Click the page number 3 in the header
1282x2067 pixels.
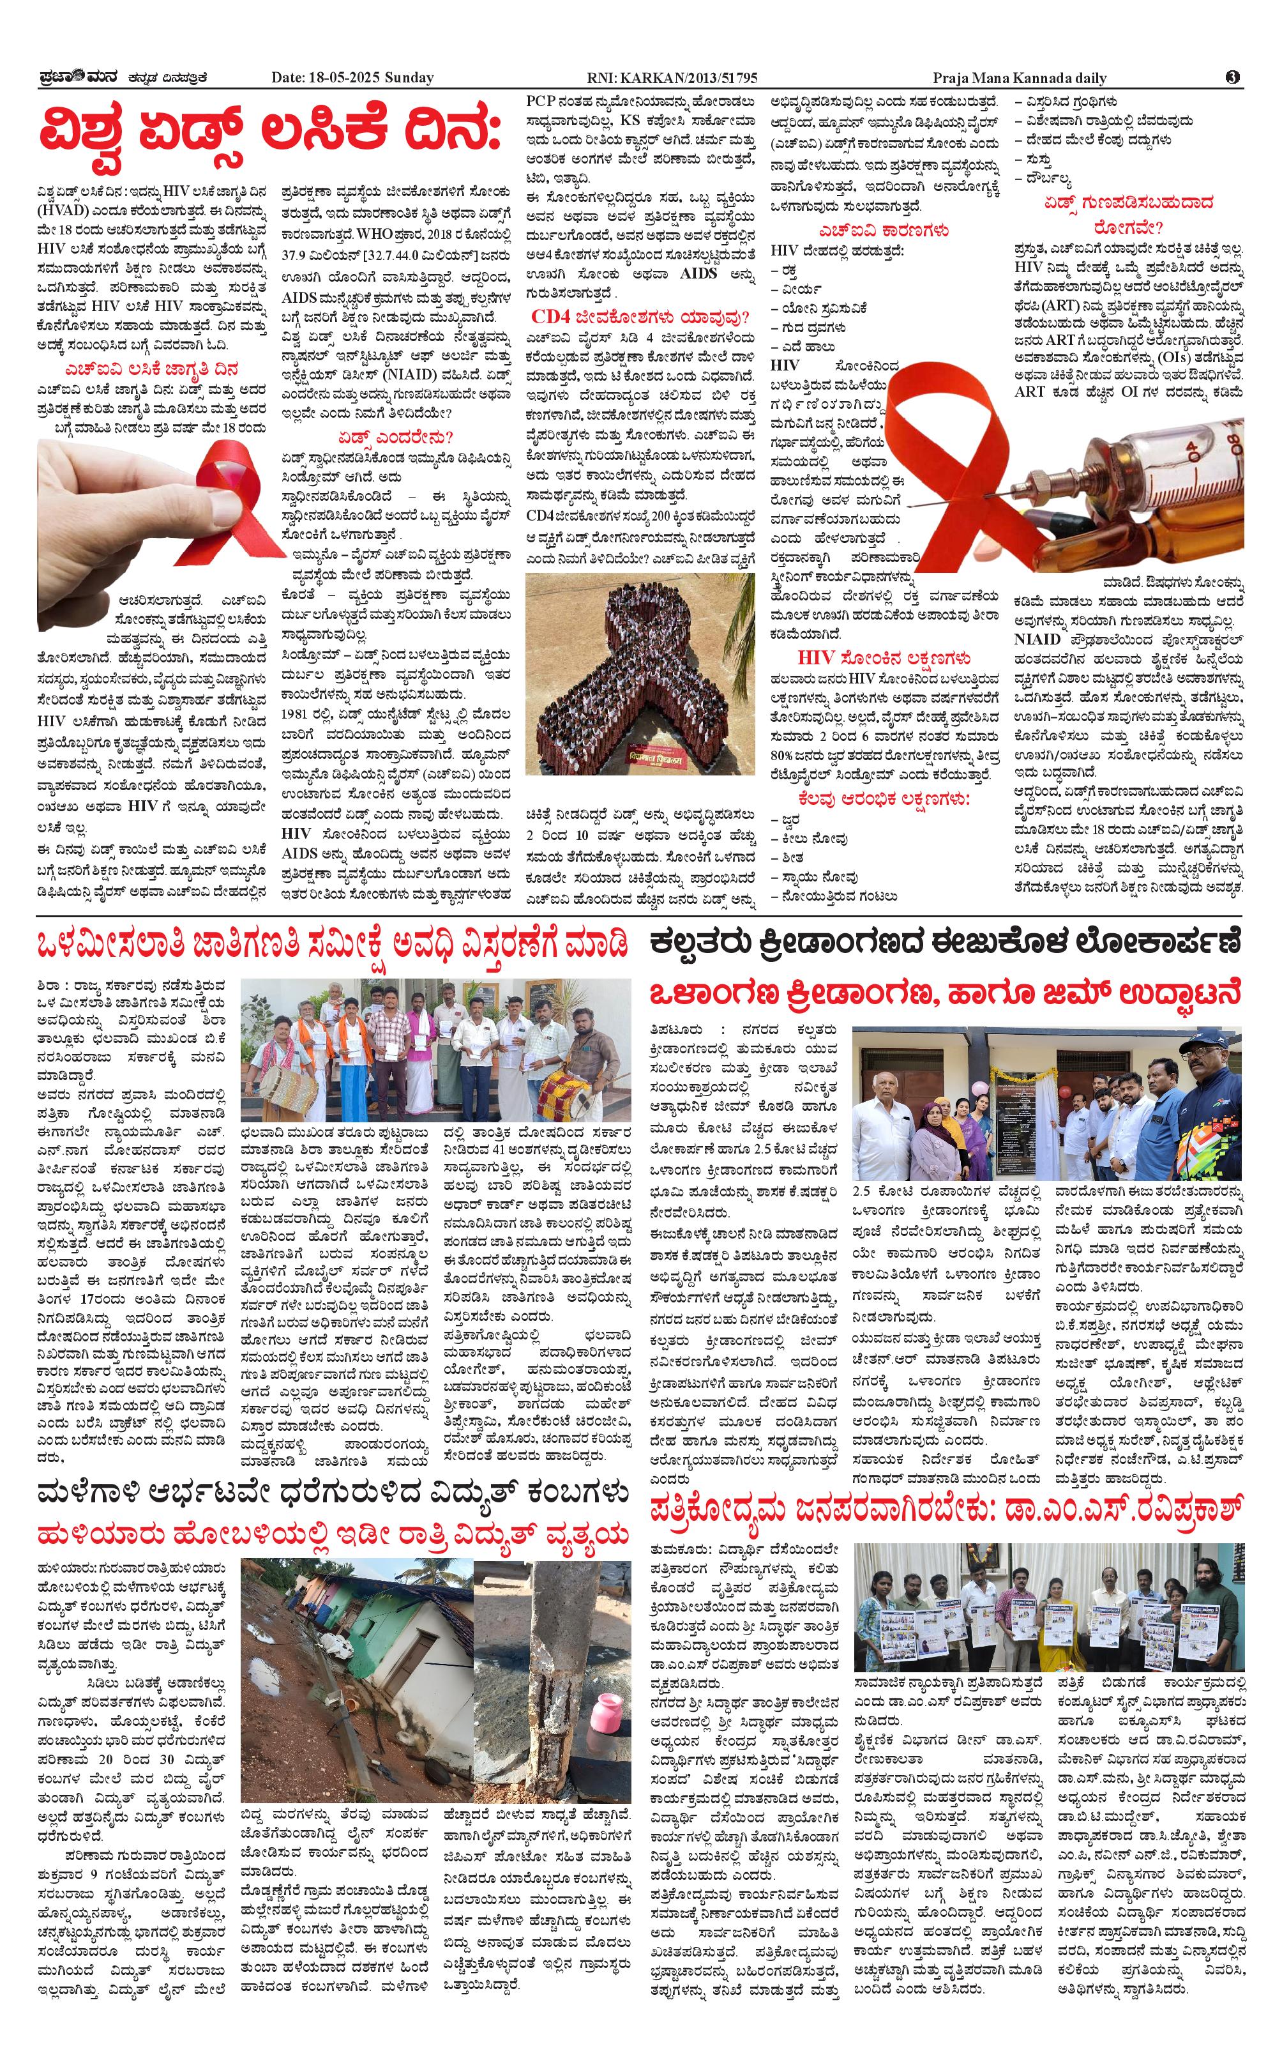[x=1233, y=77]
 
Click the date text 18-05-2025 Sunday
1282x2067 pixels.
[x=352, y=78]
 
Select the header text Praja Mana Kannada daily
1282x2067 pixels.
[x=1019, y=78]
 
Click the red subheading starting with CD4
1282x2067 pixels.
[x=640, y=318]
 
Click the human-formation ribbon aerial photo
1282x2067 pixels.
[x=639, y=673]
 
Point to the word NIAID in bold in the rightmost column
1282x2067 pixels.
[x=1036, y=639]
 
